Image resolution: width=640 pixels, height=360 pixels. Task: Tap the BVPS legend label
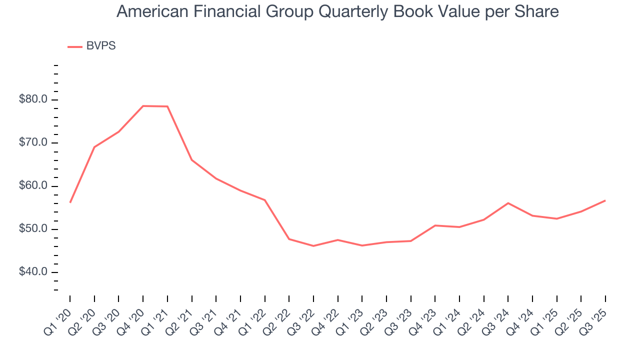(100, 46)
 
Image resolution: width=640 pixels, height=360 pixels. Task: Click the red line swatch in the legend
(74, 46)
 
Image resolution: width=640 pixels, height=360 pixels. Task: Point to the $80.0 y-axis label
(33, 99)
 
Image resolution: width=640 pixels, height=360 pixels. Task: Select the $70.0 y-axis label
(33, 143)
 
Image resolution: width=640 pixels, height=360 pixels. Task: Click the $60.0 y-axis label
(33, 186)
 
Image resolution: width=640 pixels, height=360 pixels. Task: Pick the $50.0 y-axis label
(33, 229)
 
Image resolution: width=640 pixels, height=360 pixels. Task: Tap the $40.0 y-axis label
(33, 272)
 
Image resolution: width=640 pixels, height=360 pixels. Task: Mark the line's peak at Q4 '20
(143, 106)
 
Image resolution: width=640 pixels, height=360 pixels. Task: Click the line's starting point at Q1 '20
(70, 202)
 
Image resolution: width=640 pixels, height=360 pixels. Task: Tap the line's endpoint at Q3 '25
(605, 200)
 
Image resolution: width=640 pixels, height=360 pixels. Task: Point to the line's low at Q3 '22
(313, 246)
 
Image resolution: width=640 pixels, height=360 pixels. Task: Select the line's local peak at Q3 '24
(508, 203)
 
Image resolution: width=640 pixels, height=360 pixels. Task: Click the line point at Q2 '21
(191, 160)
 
